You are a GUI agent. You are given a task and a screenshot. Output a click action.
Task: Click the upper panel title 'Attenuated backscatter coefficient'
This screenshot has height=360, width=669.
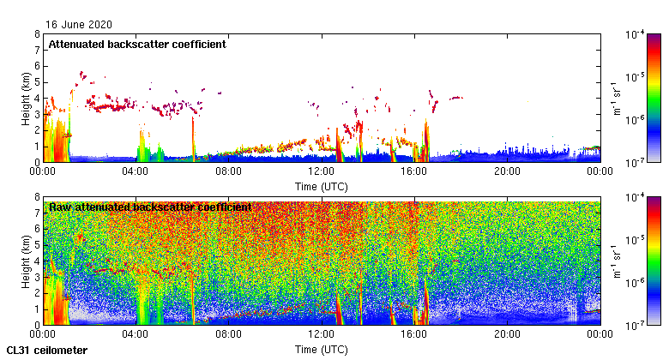tap(137, 44)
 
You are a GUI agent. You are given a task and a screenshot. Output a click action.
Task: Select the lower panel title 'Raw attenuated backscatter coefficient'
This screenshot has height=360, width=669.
tap(150, 207)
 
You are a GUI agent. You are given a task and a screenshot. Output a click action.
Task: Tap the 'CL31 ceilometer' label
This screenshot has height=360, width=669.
tap(47, 351)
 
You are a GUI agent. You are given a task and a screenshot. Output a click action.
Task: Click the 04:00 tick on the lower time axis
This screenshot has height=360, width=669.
tap(136, 334)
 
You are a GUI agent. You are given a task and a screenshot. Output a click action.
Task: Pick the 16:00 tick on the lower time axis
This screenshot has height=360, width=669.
tap(414, 334)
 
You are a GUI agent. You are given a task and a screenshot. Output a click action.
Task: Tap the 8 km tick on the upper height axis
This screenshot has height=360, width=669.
tap(37, 34)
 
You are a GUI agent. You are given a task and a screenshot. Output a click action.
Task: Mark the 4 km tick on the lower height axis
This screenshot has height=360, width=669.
tap(37, 261)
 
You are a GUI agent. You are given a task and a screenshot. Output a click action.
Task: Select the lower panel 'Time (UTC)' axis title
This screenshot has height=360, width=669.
tap(322, 349)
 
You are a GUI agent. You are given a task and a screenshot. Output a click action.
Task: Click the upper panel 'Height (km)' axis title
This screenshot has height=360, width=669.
tap(26, 98)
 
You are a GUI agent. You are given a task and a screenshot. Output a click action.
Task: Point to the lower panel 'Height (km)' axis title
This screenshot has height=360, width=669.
tap(26, 261)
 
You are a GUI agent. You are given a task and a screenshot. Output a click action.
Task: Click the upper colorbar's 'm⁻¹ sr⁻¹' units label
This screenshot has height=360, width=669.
tap(616, 98)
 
